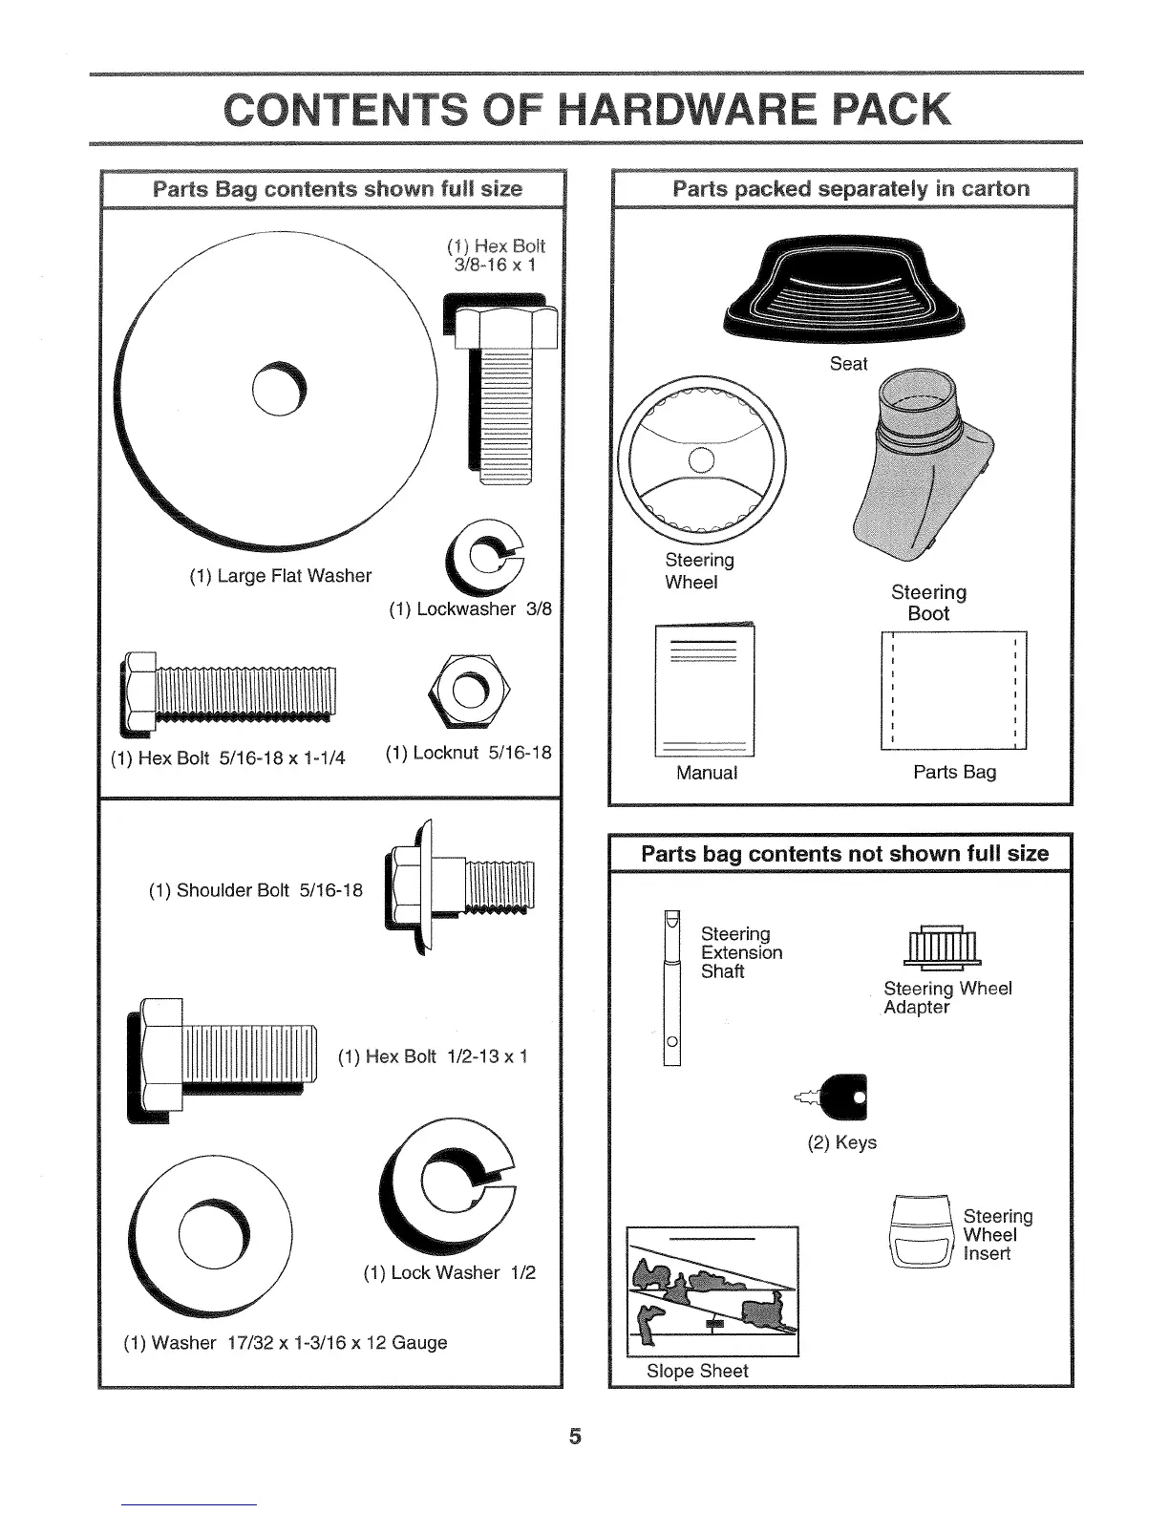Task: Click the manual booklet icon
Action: tap(705, 689)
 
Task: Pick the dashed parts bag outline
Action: tap(953, 691)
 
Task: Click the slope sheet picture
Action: tap(712, 1290)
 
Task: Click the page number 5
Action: tap(575, 1435)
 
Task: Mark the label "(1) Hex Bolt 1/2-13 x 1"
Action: tap(433, 1056)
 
